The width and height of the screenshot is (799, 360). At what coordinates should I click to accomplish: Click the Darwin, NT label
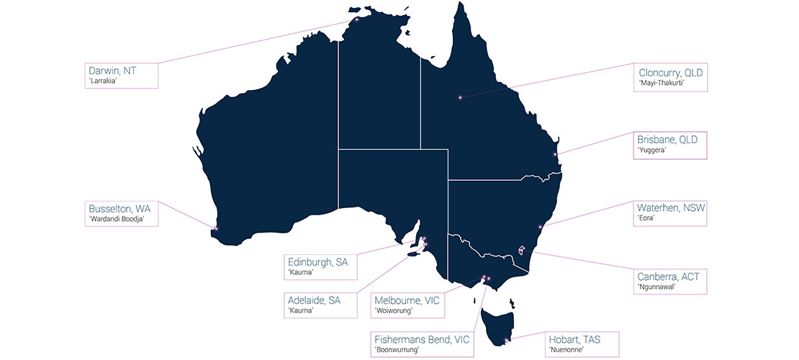click(112, 71)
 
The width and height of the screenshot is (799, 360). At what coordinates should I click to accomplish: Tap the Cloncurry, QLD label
click(670, 73)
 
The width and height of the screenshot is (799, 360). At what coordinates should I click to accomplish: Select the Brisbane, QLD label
click(667, 140)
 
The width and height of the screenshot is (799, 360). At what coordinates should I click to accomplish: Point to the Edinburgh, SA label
click(317, 263)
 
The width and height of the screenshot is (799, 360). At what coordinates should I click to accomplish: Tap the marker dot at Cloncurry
click(459, 97)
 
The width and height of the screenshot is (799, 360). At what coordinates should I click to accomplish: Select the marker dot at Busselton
click(215, 229)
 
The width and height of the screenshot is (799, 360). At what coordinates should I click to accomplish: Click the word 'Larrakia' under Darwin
click(102, 81)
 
